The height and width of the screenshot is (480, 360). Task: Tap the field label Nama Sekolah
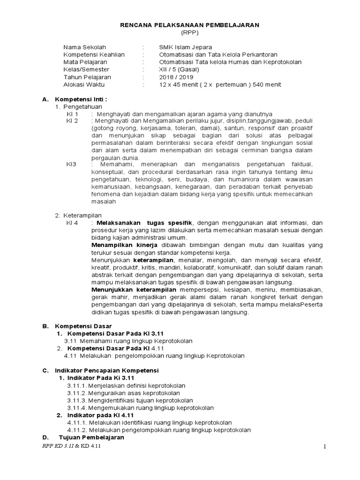(x=85, y=47)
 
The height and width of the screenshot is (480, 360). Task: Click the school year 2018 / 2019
(x=176, y=77)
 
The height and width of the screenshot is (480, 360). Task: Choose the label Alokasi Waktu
(x=84, y=84)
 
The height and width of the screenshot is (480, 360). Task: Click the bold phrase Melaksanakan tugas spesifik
(x=144, y=223)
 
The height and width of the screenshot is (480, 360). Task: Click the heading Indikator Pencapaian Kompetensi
(x=107, y=370)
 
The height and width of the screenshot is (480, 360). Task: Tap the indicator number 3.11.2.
(x=77, y=393)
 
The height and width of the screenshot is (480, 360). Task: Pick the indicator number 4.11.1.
(x=77, y=422)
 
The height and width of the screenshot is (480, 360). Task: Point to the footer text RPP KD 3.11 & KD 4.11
(x=71, y=446)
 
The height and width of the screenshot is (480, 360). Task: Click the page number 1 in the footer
(x=324, y=447)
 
